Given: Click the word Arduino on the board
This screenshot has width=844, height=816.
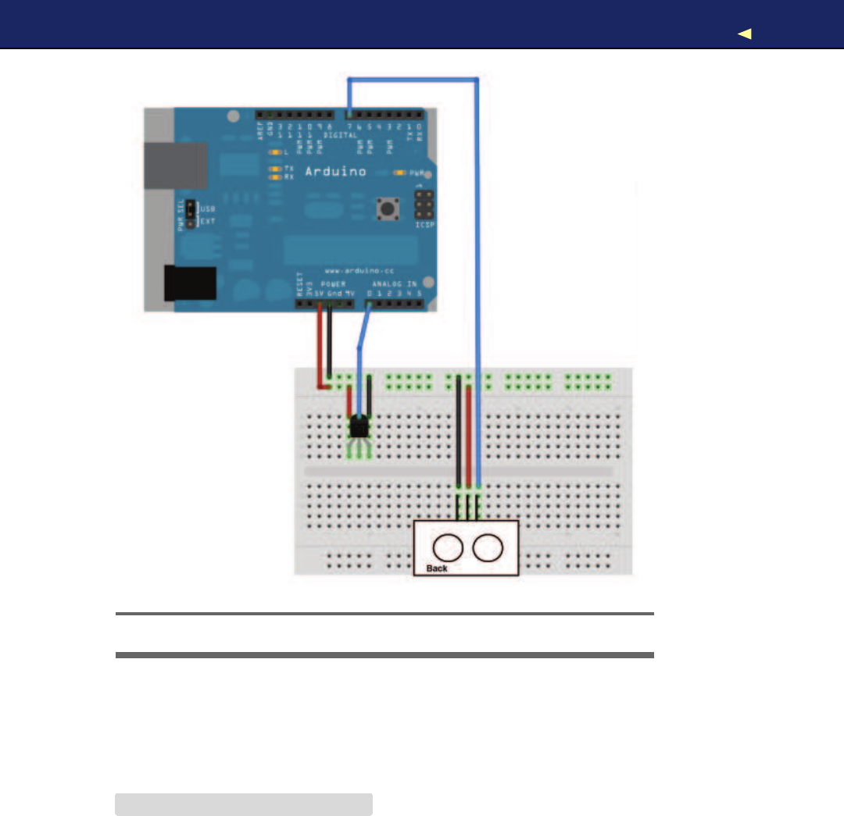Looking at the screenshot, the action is click(334, 171).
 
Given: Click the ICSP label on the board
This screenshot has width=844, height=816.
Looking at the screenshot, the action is click(425, 224).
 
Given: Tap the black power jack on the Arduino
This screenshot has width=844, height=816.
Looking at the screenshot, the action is click(190, 283).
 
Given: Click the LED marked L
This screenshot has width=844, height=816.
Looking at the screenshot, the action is click(274, 151).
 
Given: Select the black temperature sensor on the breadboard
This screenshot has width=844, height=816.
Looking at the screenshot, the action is click(359, 426).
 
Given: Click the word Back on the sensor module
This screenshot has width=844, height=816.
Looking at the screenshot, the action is click(437, 568).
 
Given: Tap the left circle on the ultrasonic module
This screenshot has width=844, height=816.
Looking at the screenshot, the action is click(449, 548).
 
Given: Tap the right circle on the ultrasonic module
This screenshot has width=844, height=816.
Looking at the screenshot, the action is click(488, 548).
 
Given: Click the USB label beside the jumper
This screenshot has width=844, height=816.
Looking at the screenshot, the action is click(209, 209).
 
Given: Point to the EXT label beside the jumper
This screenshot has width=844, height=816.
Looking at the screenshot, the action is click(209, 222).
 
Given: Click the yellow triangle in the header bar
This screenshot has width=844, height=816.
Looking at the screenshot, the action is click(745, 34).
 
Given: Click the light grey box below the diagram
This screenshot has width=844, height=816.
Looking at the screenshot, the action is click(243, 804).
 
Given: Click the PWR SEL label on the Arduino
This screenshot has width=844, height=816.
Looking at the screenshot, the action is click(181, 216).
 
